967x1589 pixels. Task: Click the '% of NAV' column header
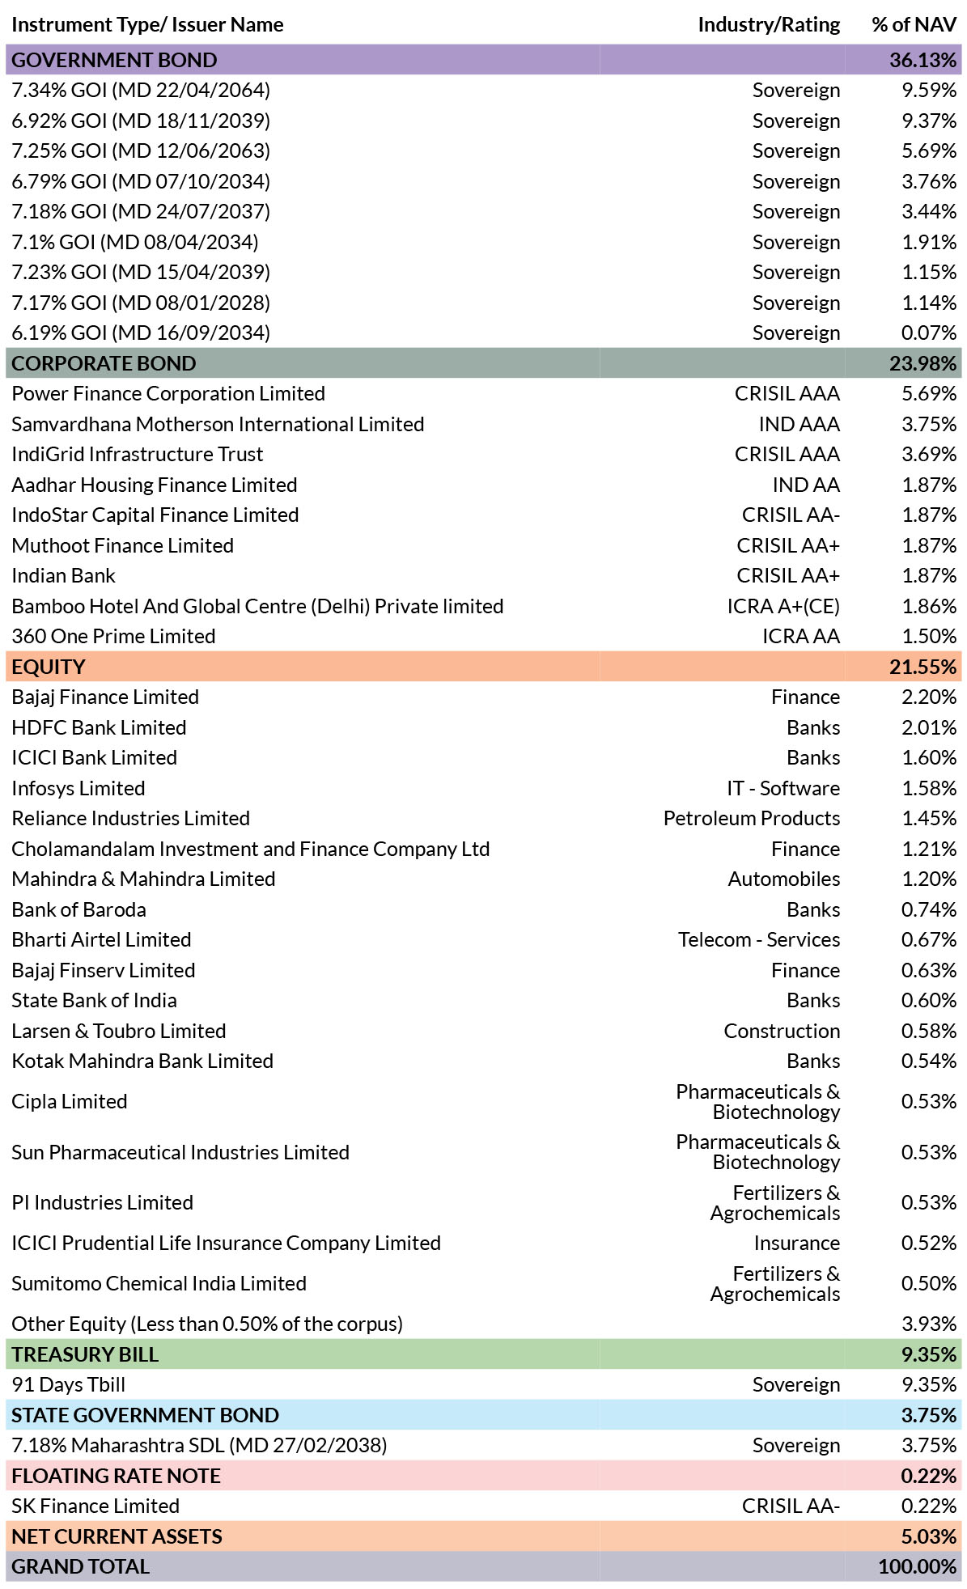coord(914,25)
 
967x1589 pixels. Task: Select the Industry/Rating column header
coord(769,25)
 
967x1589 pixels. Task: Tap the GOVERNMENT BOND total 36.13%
coord(922,60)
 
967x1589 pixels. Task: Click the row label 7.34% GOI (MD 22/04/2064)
coord(141,91)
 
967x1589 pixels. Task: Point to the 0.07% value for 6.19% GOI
coord(929,333)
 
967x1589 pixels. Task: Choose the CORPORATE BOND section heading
coord(104,363)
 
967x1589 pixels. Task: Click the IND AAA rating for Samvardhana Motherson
coord(799,425)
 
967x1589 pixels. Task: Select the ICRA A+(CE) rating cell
coord(783,607)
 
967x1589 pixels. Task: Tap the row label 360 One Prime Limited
coord(113,637)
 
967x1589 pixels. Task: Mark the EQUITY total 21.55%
coord(922,667)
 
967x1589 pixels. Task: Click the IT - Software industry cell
coord(783,789)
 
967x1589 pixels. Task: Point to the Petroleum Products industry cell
coord(752,819)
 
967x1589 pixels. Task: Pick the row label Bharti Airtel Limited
coord(101,940)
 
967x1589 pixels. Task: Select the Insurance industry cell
coord(797,1244)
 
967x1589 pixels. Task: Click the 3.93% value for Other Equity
coord(929,1324)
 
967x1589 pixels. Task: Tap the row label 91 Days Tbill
coord(68,1385)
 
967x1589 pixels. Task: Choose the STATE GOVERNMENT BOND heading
coord(145,1415)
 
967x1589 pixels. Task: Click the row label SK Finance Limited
coord(95,1506)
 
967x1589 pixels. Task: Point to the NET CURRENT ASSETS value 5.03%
coord(928,1536)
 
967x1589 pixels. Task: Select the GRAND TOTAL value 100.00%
coord(918,1567)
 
